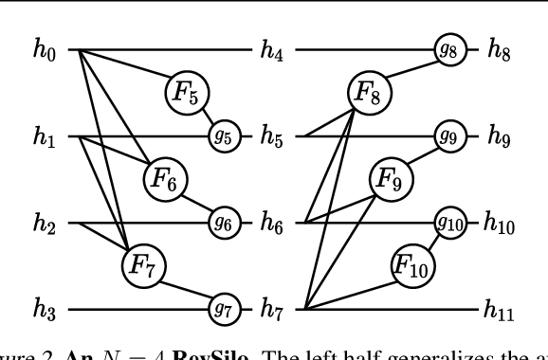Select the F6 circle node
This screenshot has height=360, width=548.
pos(166,176)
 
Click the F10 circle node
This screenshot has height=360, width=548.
pos(411,263)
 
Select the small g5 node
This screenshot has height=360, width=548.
pos(224,136)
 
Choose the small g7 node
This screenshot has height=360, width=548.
pos(224,309)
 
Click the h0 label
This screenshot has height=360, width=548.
pos(44,50)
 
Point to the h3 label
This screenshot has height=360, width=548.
pos(44,309)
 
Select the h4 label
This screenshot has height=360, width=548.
pos(273,50)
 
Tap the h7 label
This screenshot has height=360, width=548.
pos(273,309)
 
